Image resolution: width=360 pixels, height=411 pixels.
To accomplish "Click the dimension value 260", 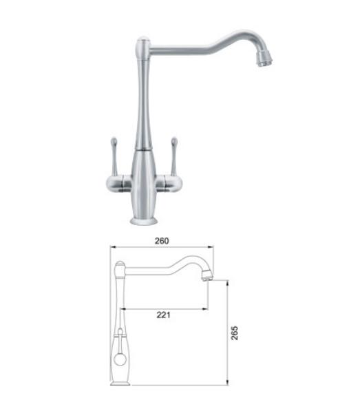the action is click(162, 241).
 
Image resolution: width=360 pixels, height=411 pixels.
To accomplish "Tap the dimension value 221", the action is click(163, 315).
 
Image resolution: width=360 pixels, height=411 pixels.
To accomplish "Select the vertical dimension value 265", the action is click(234, 333).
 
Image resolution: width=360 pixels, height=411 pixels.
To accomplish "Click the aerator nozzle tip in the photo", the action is click(264, 59).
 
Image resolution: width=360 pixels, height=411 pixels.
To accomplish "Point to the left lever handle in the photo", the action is click(114, 156).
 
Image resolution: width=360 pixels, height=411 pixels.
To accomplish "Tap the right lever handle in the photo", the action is click(174, 156).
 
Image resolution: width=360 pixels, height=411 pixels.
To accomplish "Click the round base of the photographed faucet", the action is click(144, 221).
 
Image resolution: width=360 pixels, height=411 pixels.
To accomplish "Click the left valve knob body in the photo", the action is click(118, 183).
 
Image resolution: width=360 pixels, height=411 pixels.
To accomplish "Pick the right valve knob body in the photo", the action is click(169, 183).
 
